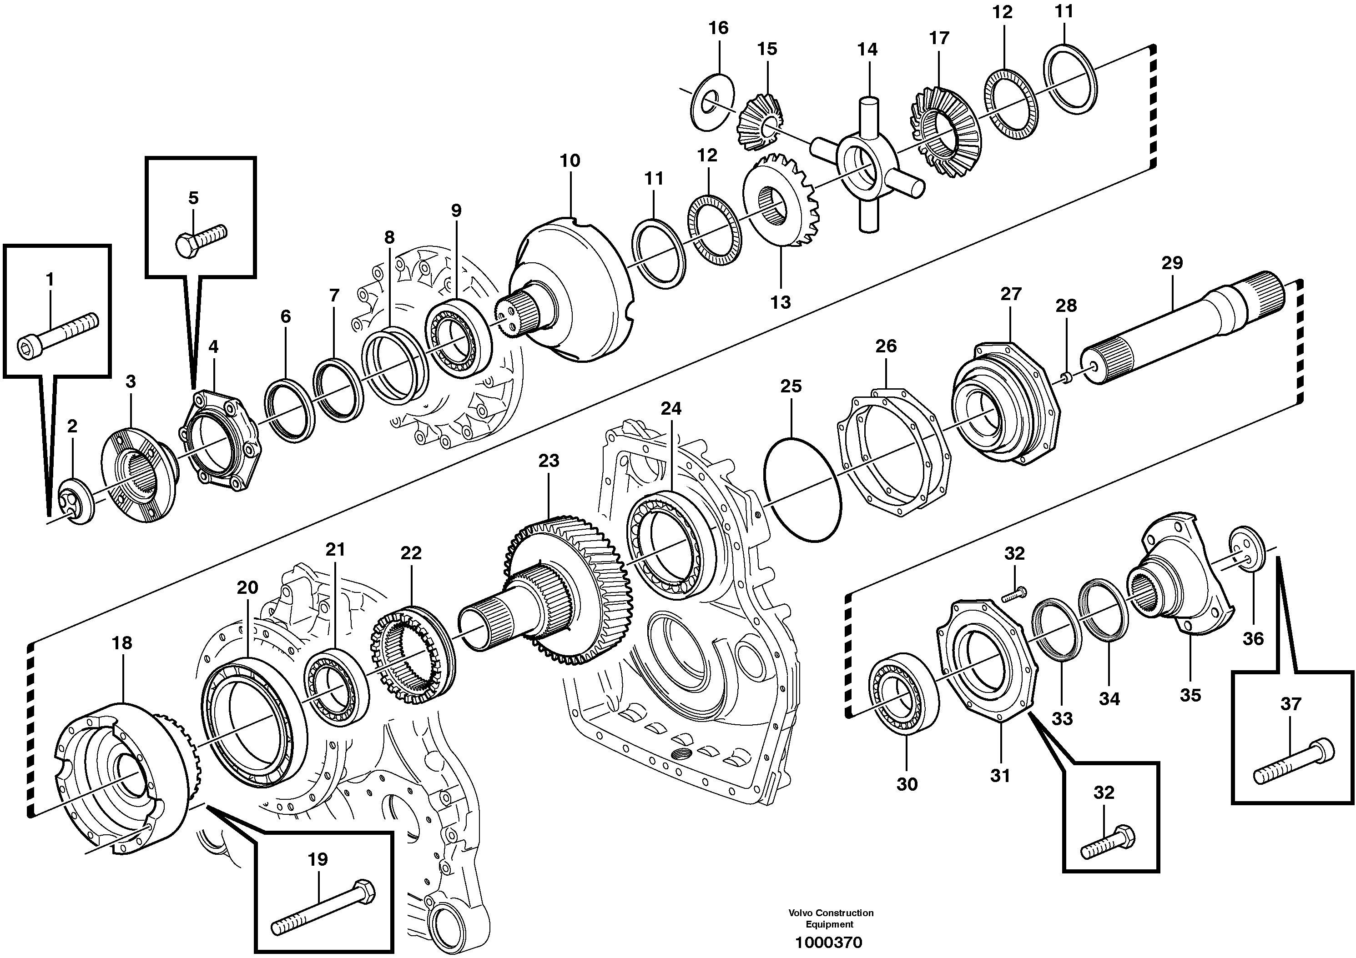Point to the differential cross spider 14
click(x=867, y=167)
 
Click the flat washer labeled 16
click(x=712, y=103)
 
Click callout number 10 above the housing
click(x=570, y=161)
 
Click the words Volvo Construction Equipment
click(x=830, y=918)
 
